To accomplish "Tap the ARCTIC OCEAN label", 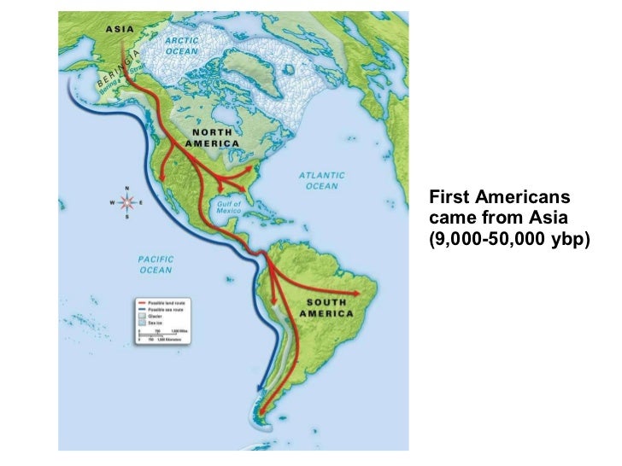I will pos(182,44).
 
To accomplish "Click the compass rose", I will pos(127,203).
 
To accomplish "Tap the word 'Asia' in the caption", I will pos(539,218).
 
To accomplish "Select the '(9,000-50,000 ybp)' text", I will pos(510,239).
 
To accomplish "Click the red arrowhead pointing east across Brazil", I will pos(360,294).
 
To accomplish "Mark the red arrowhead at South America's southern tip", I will pos(259,414).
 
